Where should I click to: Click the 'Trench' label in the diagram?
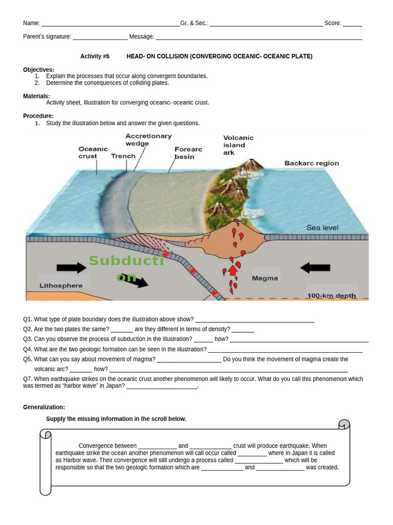123,156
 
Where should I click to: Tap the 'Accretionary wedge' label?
148,140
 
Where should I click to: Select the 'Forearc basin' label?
188,153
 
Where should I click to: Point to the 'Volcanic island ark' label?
238,145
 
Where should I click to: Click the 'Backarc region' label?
312,163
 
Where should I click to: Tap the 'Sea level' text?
322,228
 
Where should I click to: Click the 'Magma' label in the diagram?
265,278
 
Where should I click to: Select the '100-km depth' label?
331,296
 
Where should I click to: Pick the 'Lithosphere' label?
60,285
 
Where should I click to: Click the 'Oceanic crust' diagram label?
93,152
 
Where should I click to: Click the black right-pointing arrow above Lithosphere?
72,267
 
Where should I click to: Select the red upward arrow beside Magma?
233,270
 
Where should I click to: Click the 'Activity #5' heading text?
95,56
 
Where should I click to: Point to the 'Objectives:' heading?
38,70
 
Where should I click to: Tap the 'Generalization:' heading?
44,407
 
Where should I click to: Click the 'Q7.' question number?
28,379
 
